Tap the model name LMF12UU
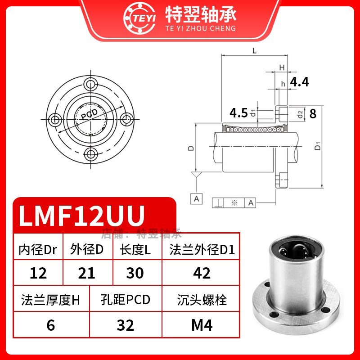click(81, 215)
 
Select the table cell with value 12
click(38, 273)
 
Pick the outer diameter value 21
click(86, 273)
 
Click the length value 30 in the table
click(135, 273)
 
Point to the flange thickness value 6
click(51, 325)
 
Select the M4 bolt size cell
click(201, 325)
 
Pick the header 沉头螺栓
click(201, 300)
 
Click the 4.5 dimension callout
click(238, 112)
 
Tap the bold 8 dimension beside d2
click(313, 113)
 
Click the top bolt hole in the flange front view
click(92, 84)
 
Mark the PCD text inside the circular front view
click(92, 115)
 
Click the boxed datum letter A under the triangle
click(197, 198)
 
